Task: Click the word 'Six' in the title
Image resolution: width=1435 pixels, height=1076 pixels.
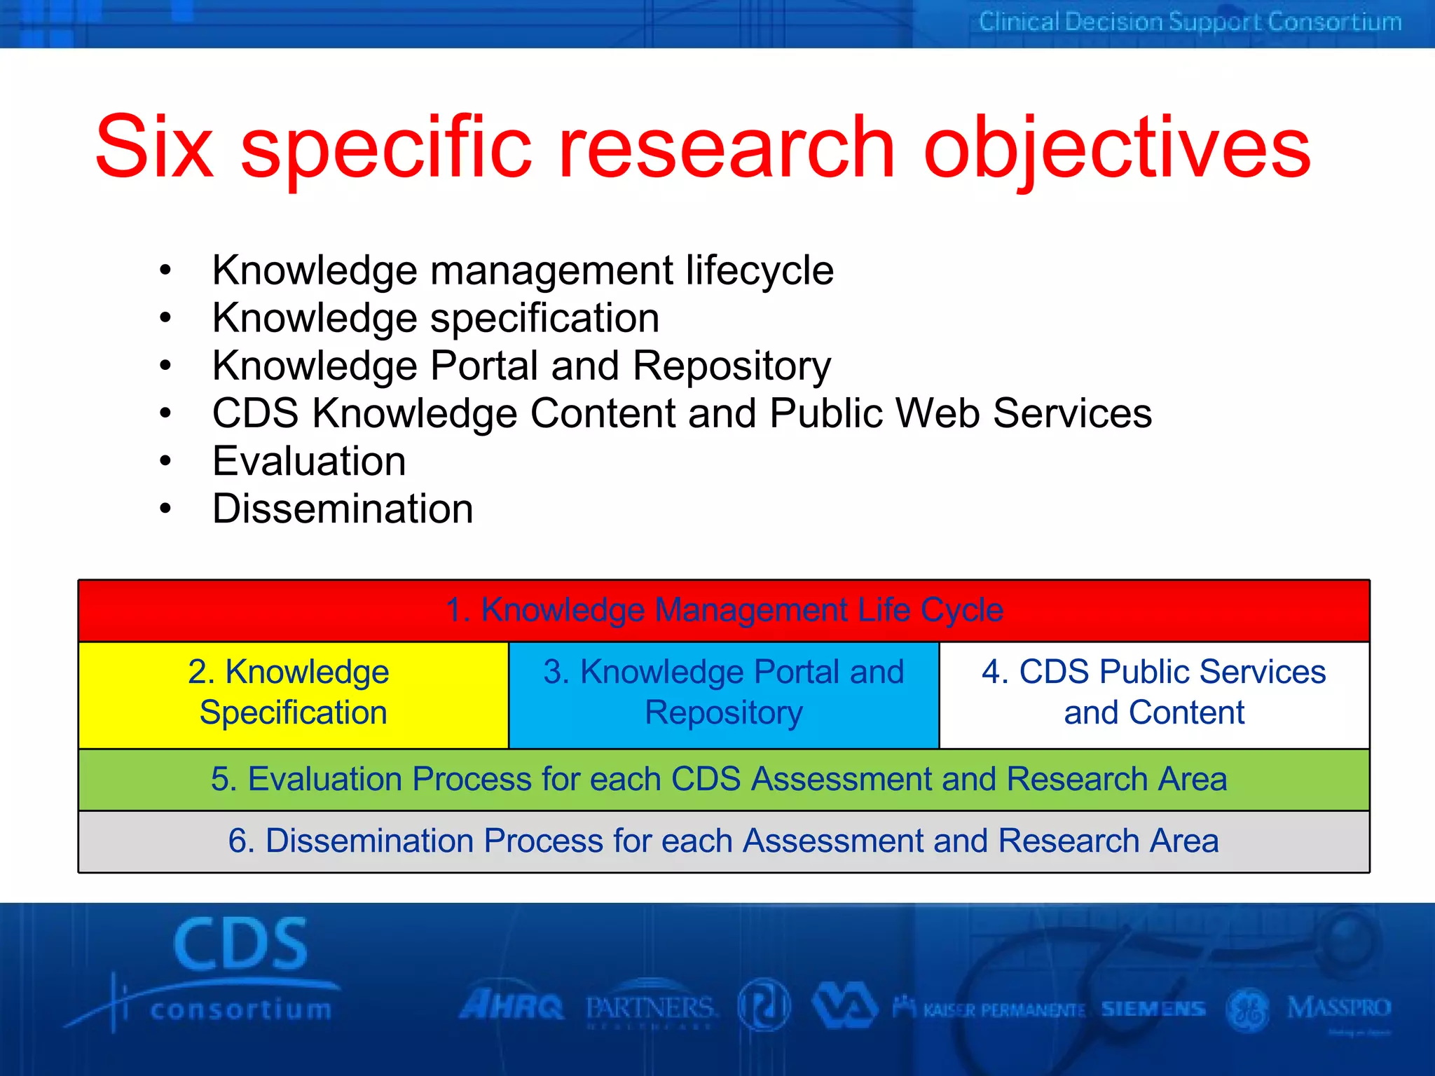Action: (x=154, y=149)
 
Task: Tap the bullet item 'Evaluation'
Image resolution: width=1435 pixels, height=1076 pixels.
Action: (x=309, y=462)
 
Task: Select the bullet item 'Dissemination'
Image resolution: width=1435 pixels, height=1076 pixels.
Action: (x=343, y=509)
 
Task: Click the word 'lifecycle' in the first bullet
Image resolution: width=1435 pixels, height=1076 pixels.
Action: (x=760, y=271)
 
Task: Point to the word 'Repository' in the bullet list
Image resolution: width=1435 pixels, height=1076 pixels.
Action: (x=732, y=366)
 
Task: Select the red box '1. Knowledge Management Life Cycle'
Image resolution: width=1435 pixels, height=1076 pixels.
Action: (x=724, y=610)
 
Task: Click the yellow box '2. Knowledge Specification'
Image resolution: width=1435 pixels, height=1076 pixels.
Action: (x=293, y=694)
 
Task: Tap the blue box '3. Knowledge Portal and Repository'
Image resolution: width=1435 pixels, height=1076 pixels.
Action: (x=724, y=694)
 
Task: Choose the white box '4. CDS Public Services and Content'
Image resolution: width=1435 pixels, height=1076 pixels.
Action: (x=1154, y=694)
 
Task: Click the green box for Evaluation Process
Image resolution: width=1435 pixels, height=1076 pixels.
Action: (x=724, y=780)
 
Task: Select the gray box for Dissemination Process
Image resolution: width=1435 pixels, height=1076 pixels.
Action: (x=724, y=841)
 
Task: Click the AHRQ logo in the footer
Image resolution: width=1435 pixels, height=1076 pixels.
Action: (x=511, y=1007)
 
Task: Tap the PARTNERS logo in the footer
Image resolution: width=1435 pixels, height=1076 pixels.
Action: (x=650, y=1009)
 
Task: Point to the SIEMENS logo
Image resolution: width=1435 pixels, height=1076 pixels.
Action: (x=1153, y=1009)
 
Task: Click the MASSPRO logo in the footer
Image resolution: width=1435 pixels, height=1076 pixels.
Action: (x=1338, y=1009)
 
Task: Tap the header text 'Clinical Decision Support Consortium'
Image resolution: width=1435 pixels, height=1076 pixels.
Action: (x=1190, y=22)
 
